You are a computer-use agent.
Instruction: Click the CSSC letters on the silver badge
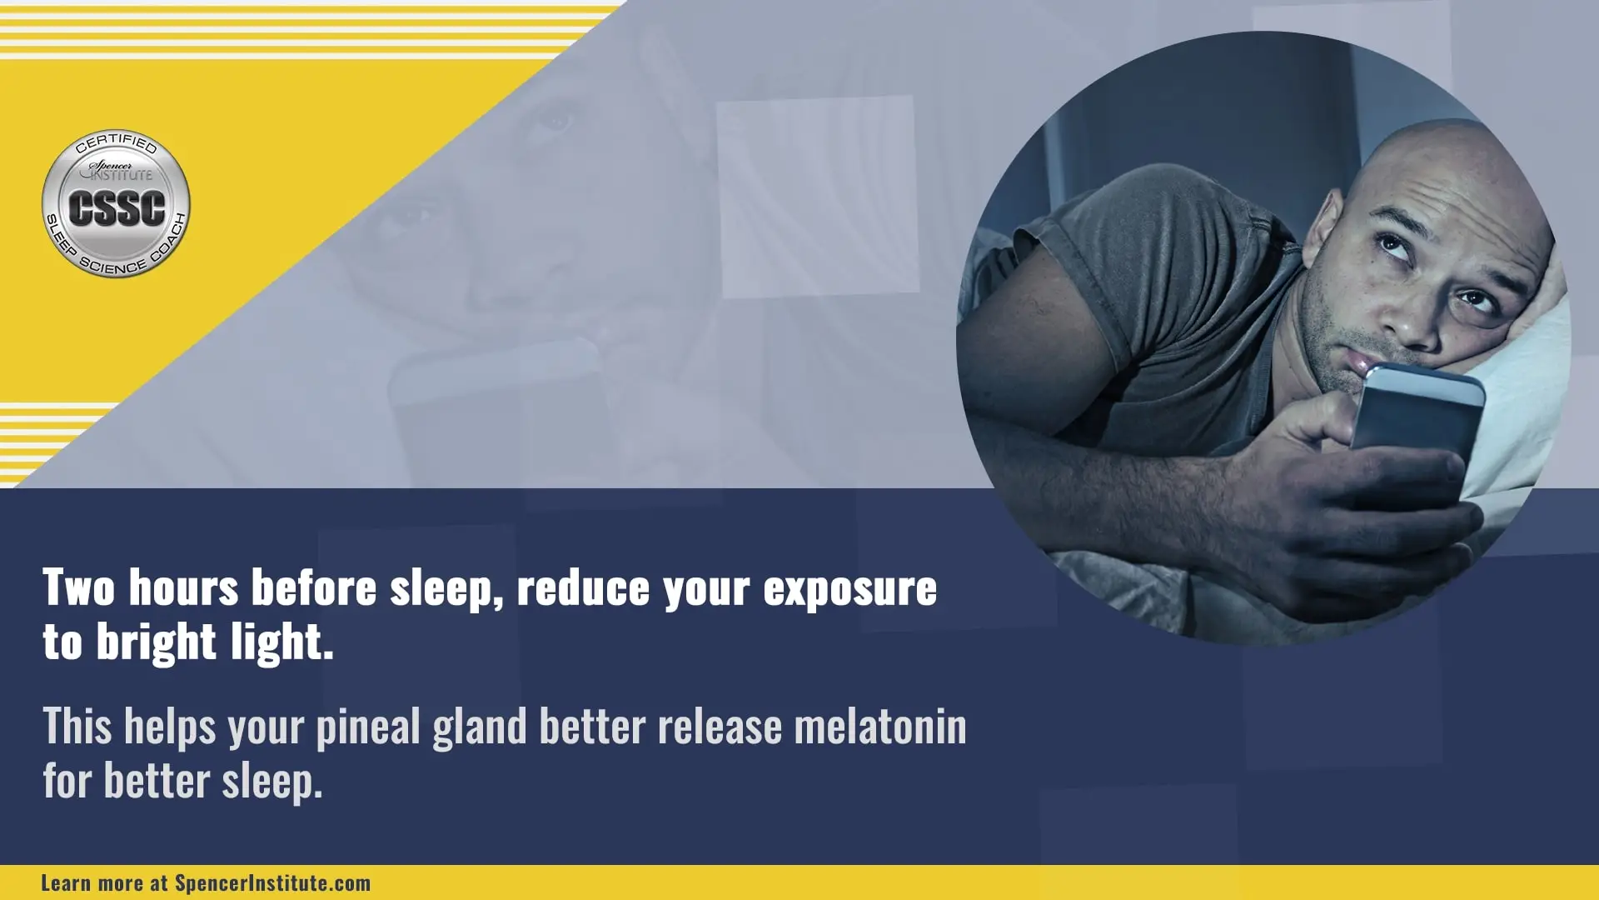point(117,208)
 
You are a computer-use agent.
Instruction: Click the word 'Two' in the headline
point(79,587)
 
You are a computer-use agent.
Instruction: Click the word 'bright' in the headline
point(157,644)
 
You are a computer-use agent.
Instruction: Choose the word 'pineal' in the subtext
point(368,728)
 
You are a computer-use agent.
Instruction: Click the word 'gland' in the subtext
point(480,728)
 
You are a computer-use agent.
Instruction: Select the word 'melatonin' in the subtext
point(880,727)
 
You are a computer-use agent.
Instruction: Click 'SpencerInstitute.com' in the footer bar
point(272,883)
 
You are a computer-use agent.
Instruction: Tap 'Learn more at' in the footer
point(104,883)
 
